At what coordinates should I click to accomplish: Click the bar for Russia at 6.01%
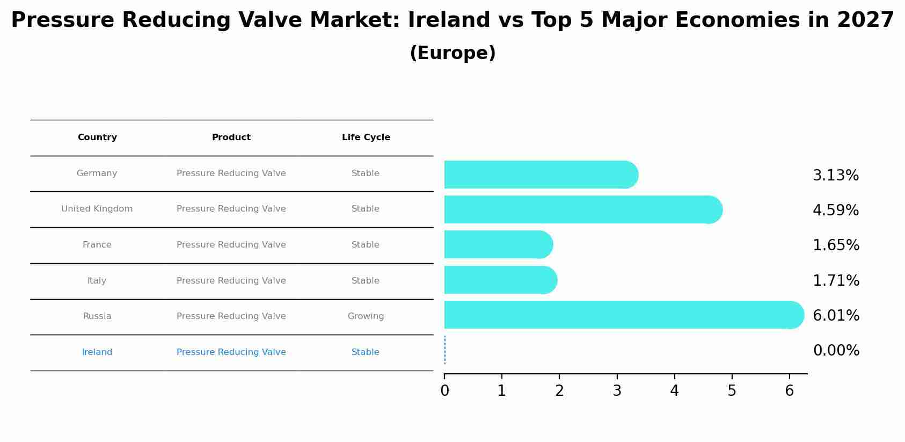pyautogui.click(x=623, y=315)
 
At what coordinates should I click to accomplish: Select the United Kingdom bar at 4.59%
pyautogui.click(x=582, y=209)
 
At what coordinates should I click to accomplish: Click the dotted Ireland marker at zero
pyautogui.click(x=445, y=350)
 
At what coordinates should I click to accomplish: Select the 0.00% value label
pyautogui.click(x=836, y=351)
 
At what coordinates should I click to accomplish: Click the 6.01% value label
pyautogui.click(x=836, y=315)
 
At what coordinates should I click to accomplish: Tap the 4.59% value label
pyautogui.click(x=835, y=210)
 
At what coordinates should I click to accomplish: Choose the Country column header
pyautogui.click(x=97, y=137)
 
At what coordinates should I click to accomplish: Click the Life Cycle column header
pyautogui.click(x=366, y=137)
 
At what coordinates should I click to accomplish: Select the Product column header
pyautogui.click(x=231, y=137)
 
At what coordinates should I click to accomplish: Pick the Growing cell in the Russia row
pyautogui.click(x=366, y=316)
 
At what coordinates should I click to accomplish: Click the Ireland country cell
pyautogui.click(x=97, y=352)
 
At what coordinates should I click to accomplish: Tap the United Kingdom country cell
pyautogui.click(x=97, y=209)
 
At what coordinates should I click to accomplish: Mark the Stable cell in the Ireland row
pyautogui.click(x=366, y=352)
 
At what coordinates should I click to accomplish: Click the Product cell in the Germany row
pyautogui.click(x=231, y=173)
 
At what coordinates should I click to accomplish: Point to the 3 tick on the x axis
pyautogui.click(x=617, y=390)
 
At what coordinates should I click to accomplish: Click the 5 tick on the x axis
pyautogui.click(x=732, y=390)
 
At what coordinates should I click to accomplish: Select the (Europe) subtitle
pyautogui.click(x=452, y=53)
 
